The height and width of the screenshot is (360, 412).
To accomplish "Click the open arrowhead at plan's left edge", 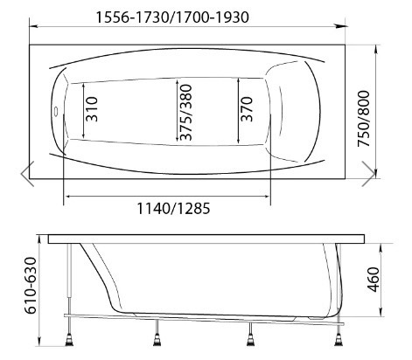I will click(x=27, y=171).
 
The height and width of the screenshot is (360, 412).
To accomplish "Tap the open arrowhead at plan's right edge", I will click(x=370, y=171).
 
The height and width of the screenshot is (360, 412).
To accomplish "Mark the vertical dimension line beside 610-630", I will click(x=38, y=288).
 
